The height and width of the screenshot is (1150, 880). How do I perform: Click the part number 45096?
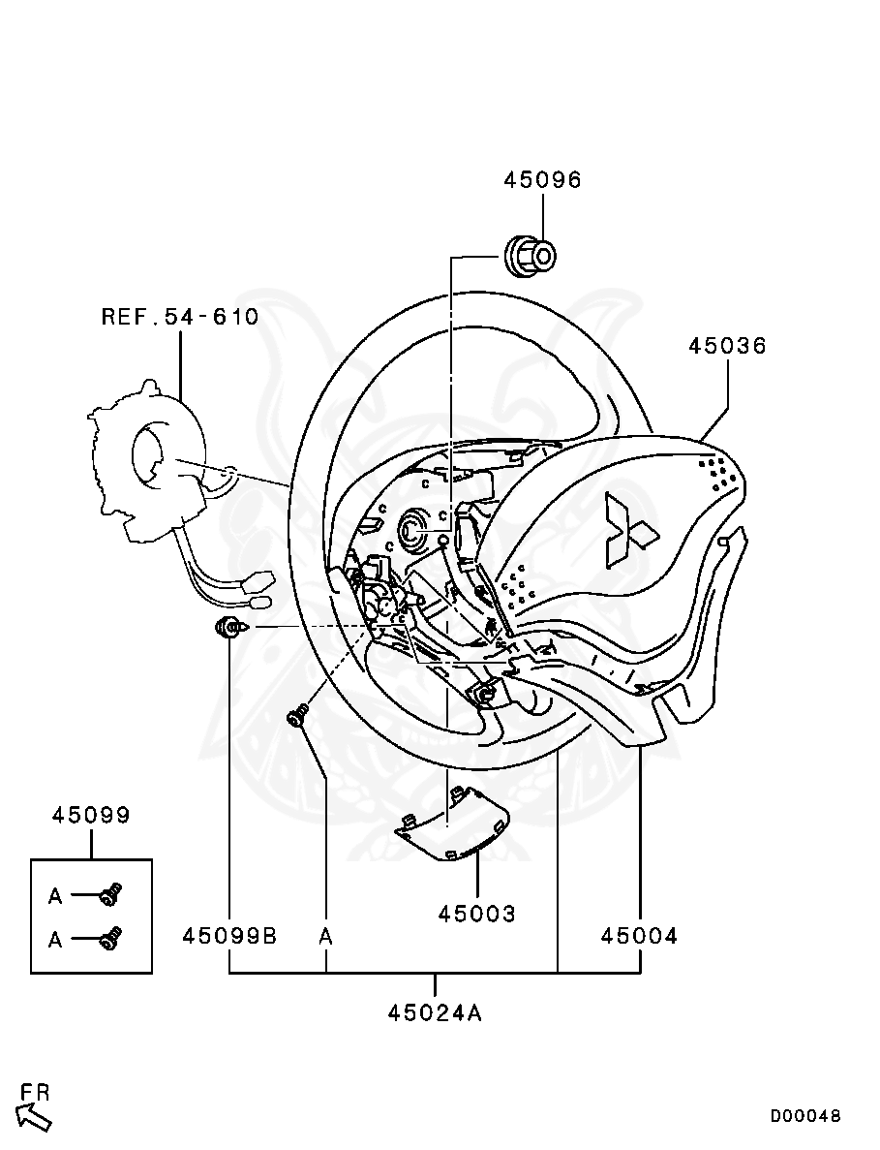(542, 180)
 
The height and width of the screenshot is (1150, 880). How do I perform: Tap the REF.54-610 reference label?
(180, 317)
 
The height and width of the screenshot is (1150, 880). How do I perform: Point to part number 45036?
(727, 346)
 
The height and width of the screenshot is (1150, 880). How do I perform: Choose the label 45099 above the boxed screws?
(91, 815)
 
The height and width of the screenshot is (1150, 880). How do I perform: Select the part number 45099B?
(229, 936)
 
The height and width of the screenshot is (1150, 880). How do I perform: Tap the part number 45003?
(476, 914)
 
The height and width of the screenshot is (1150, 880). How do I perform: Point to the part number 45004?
(639, 936)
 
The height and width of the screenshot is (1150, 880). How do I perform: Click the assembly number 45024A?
(435, 1013)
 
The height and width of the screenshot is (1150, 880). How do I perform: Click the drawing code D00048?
(805, 1116)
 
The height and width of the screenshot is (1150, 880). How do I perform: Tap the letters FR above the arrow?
(35, 1092)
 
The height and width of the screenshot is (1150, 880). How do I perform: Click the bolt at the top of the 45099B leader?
(230, 628)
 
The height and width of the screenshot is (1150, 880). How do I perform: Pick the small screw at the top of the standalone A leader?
(298, 716)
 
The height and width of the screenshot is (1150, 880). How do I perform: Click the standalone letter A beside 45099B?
(326, 936)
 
